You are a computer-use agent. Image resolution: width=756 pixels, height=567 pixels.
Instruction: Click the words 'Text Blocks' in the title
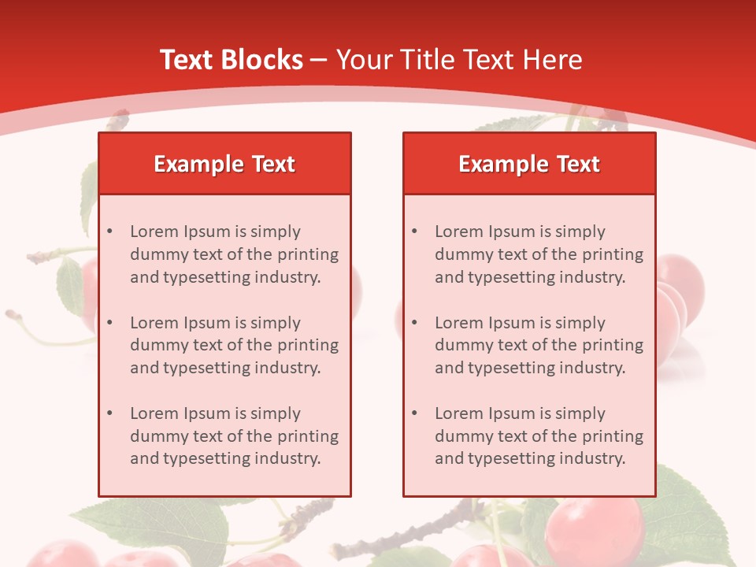[231, 60]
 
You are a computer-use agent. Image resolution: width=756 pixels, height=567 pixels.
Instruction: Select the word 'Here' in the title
[555, 60]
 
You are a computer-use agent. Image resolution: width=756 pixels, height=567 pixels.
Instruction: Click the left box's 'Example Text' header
[224, 164]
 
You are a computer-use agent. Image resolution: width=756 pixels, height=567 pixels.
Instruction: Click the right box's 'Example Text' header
[529, 164]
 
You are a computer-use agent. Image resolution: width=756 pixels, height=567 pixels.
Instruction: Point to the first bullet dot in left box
[110, 232]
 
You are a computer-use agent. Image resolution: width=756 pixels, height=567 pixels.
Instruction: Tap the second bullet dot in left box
[110, 323]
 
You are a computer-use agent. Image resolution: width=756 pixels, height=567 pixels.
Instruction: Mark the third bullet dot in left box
[110, 413]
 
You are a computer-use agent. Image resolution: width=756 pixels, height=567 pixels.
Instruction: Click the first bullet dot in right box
[415, 232]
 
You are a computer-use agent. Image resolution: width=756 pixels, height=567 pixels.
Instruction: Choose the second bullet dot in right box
[415, 323]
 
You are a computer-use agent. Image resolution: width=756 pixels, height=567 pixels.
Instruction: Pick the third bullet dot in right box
[415, 413]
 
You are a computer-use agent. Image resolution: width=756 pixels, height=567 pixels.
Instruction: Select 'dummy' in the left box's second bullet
[156, 345]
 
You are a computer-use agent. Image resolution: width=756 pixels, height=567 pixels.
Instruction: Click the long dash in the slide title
[319, 60]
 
